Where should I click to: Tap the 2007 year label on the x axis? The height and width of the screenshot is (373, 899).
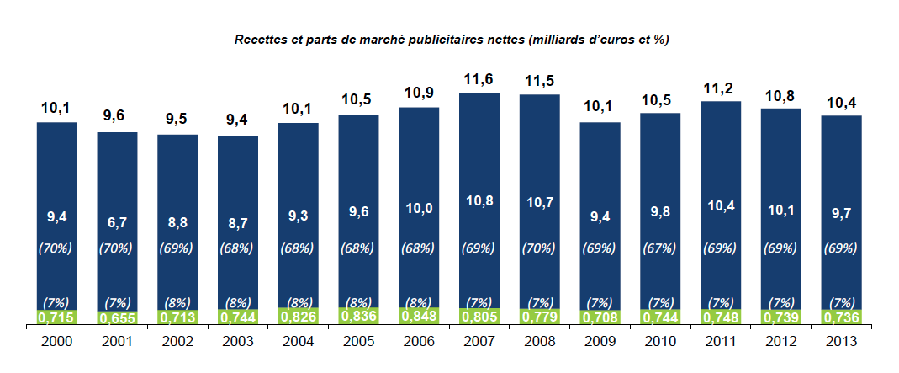pos(479,342)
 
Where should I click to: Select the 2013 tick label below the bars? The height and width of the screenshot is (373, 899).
pos(841,342)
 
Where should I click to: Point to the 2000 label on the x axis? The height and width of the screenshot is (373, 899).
pos(57,342)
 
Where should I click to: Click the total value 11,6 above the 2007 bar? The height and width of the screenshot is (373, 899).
pos(479,80)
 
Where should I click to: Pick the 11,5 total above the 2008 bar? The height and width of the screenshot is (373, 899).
pos(540,82)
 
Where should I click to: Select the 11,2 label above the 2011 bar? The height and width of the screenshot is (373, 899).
pos(721,88)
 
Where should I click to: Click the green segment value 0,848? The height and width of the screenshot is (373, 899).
pos(419,316)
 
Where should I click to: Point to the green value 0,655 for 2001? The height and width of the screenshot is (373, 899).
pos(118,318)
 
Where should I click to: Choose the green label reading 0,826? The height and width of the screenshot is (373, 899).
pos(299,317)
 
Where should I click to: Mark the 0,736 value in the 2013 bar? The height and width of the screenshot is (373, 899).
pos(841,317)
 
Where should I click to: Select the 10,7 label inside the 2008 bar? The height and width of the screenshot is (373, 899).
pos(540,203)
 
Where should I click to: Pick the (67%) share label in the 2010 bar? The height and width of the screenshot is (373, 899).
pos(660,248)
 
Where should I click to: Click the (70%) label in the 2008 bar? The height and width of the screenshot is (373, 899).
pos(540,248)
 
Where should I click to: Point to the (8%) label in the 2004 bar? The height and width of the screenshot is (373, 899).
pos(299,302)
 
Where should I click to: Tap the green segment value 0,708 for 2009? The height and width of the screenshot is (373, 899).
pos(600,317)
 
